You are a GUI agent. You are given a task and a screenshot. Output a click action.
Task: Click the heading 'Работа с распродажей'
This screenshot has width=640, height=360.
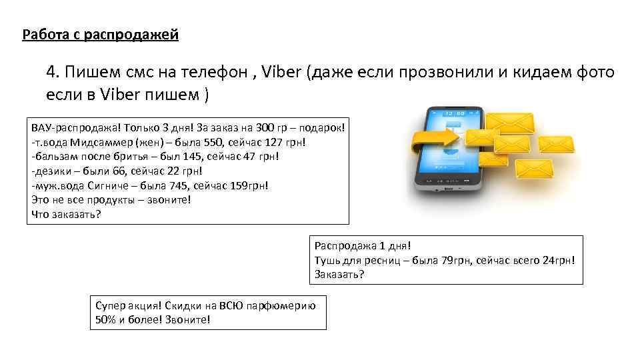click(x=100, y=34)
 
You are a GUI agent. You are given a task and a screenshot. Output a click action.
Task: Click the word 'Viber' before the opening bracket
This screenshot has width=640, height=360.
click(x=282, y=72)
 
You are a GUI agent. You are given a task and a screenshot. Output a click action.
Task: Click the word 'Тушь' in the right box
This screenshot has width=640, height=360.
click(x=327, y=260)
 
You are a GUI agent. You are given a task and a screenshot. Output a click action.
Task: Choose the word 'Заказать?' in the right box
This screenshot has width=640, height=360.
click(x=339, y=274)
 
